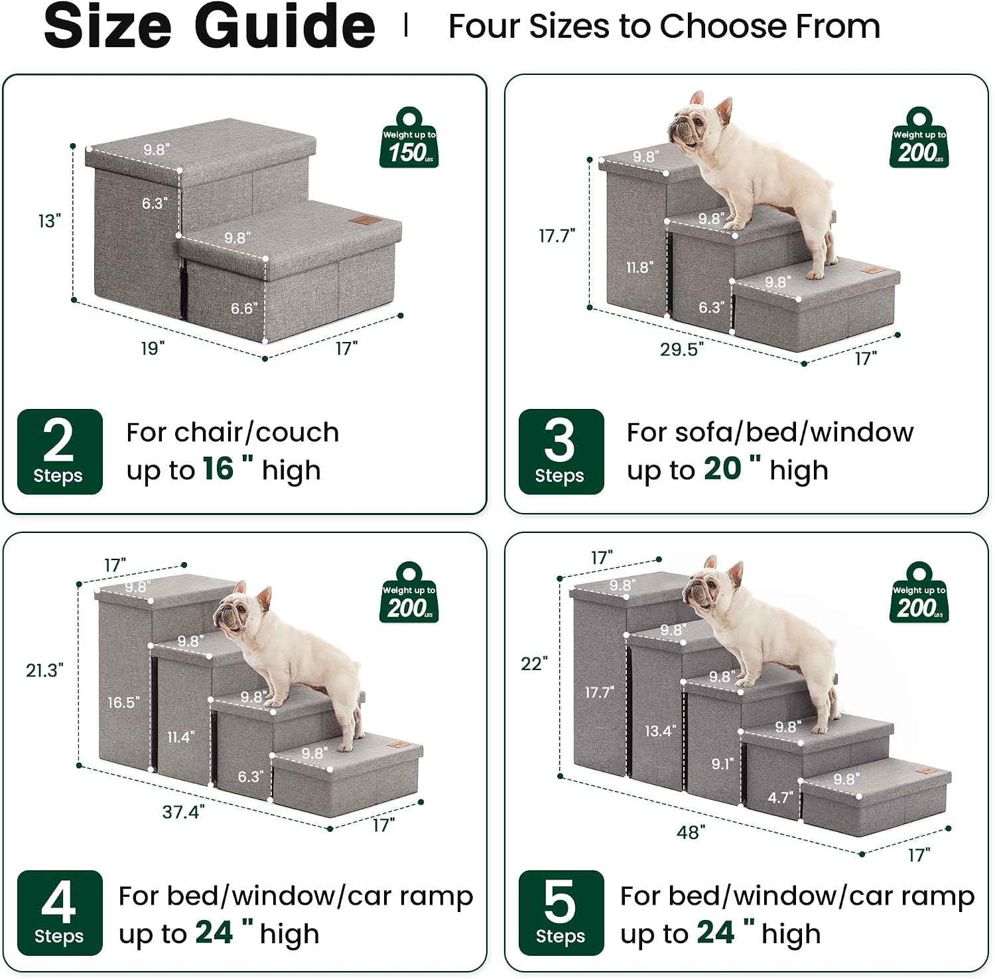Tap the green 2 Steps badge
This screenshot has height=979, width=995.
60,451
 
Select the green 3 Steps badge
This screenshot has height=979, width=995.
561,451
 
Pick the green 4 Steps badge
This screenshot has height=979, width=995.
60,913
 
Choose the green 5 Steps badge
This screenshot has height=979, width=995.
561,913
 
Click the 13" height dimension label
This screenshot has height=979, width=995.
49,221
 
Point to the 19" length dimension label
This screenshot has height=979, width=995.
153,348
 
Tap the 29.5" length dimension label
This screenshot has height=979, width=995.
681,349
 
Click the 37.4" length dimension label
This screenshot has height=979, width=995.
184,811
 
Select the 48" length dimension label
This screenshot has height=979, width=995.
691,832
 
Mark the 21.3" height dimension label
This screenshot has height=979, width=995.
44,670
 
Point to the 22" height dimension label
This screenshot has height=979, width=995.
535,663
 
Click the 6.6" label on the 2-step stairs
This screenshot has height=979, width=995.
244,308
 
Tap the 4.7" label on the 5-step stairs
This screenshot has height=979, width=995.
781,797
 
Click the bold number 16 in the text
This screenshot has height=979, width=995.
218,469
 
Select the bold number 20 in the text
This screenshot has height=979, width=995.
722,469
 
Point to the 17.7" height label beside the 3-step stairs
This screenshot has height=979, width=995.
557,235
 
